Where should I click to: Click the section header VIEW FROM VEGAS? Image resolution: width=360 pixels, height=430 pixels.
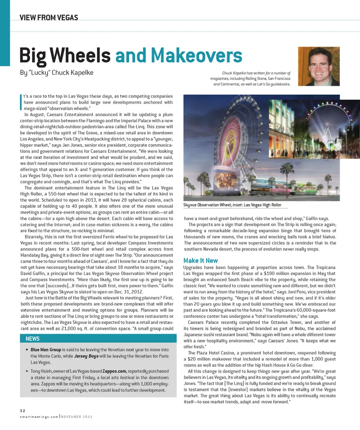[49, 17]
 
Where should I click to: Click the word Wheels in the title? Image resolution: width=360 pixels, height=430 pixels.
[81, 55]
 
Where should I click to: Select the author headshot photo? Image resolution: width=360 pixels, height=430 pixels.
[318, 66]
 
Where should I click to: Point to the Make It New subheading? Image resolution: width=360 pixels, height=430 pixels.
[201, 261]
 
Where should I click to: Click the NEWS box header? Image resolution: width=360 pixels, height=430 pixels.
[33, 339]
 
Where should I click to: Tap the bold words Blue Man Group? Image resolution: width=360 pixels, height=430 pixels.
[46, 349]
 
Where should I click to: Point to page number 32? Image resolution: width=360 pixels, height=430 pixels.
[23, 411]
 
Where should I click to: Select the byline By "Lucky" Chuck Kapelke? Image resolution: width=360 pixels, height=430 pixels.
[56, 72]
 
